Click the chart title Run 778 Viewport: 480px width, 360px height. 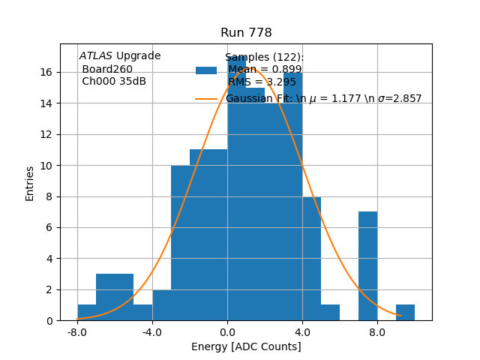click(246, 33)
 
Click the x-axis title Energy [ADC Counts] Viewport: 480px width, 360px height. click(246, 346)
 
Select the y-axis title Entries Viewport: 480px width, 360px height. click(30, 183)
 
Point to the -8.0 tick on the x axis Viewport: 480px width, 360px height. click(77, 331)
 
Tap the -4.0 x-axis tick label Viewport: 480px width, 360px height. click(152, 331)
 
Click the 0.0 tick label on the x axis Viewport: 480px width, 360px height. click(227, 331)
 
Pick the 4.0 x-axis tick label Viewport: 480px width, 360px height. click(302, 331)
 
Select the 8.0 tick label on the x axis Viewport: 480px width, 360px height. click(377, 331)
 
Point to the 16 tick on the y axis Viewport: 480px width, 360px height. click(46, 72)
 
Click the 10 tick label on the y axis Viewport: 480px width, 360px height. click(46, 165)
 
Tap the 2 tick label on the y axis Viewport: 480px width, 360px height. click(49, 289)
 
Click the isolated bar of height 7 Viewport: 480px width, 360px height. click(367, 266)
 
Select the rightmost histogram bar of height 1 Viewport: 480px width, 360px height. click(405, 313)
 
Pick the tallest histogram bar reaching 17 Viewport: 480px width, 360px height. click(236, 187)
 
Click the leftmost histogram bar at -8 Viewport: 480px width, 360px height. click(86, 313)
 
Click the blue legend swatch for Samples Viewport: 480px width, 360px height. click(206, 70)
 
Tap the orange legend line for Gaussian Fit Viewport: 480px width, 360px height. click(206, 98)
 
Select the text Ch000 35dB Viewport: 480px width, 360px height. click(114, 82)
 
